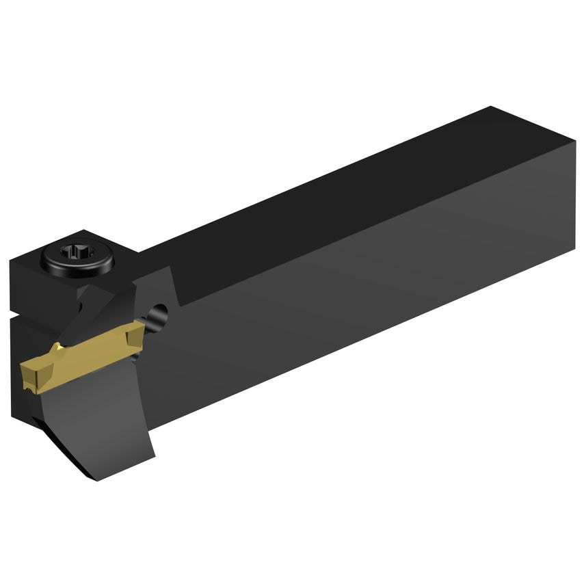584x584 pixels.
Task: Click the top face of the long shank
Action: click(342, 191)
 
